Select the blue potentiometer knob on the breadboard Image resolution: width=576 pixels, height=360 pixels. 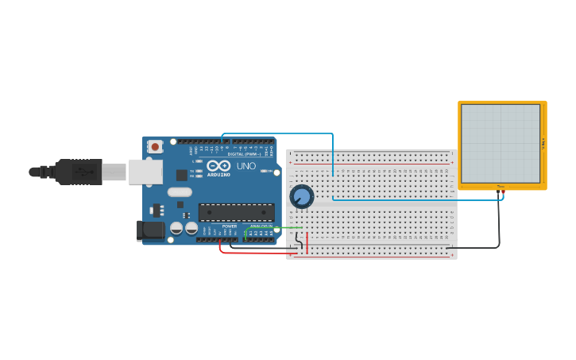coord(302,196)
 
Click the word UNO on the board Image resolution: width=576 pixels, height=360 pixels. coord(246,166)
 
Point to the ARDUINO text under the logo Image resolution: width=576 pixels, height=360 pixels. coord(218,174)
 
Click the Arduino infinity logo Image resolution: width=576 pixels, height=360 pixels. coord(218,165)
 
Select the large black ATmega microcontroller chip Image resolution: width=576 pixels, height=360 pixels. coord(236,212)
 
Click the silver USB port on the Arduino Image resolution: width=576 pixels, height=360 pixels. coord(145,172)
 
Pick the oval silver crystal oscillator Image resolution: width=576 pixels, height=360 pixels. coord(180,192)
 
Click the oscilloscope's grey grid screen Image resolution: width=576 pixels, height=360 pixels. coord(501,143)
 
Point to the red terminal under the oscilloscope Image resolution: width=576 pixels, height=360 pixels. coord(503,192)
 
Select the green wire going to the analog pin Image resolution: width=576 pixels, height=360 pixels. coord(274,229)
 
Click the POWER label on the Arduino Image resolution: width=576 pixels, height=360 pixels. coord(229,226)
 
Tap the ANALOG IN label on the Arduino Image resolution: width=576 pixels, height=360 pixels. coord(261,226)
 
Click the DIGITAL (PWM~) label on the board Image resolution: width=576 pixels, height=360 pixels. coord(242,153)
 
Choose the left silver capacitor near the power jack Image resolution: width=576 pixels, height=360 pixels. coord(177,229)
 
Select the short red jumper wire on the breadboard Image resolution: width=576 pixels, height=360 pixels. coord(307,242)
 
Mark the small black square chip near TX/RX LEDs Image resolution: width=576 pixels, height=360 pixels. coord(182,175)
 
